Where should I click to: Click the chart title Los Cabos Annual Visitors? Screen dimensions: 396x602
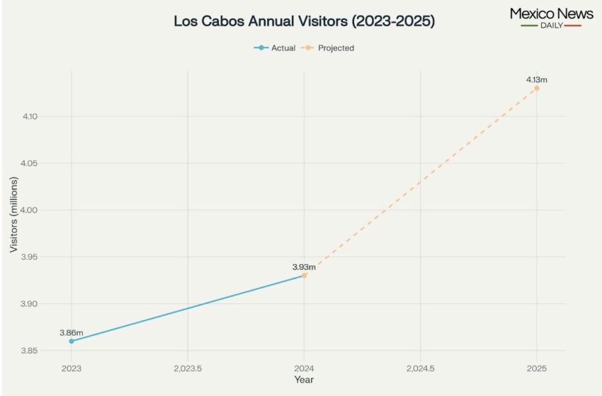pos(304,21)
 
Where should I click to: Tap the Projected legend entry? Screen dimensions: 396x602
pos(329,48)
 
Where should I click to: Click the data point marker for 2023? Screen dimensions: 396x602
pos(72,341)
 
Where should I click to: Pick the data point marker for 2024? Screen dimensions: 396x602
pos(305,275)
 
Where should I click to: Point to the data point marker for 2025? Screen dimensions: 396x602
pos(537,88)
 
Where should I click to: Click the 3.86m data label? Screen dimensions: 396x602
pos(72,332)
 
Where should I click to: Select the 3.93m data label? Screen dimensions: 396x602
pos(304,267)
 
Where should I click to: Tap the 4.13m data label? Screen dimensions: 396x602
pos(536,79)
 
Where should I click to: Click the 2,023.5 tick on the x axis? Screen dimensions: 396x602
pos(188,368)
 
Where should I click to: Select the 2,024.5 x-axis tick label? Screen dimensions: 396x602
pos(420,368)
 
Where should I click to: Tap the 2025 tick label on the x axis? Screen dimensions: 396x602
pos(537,368)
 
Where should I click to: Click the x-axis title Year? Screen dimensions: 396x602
pos(304,380)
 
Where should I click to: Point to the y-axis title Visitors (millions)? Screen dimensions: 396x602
pos(14,215)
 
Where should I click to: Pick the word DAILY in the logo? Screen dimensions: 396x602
pos(551,26)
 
